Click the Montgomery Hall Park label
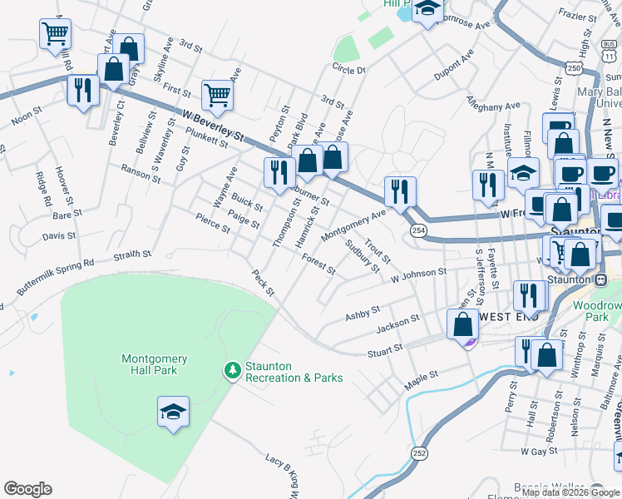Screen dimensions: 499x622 155,364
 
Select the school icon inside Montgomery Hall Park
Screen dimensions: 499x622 173,412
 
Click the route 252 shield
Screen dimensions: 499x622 417,451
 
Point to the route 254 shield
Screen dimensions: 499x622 418,230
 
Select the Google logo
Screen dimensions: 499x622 27,489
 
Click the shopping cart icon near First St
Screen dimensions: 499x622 217,96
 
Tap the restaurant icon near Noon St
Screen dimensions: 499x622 82,89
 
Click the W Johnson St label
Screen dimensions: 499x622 418,272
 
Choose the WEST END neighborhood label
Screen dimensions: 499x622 509,317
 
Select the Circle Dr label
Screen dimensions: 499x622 349,70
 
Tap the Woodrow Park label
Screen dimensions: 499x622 597,311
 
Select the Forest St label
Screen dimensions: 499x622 318,264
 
